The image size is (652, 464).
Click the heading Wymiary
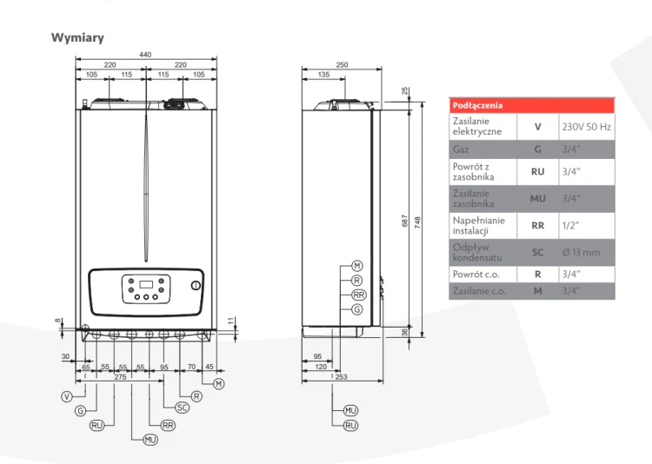[77, 38]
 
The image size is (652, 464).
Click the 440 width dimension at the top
[145, 55]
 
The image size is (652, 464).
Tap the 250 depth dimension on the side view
[342, 65]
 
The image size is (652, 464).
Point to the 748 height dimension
[417, 222]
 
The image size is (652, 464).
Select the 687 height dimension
[404, 221]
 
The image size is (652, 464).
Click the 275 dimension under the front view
[120, 377]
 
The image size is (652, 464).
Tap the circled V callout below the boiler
[67, 396]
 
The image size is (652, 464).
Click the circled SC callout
[183, 408]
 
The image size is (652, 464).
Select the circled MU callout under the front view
[150, 440]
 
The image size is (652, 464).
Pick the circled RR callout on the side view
[358, 295]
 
